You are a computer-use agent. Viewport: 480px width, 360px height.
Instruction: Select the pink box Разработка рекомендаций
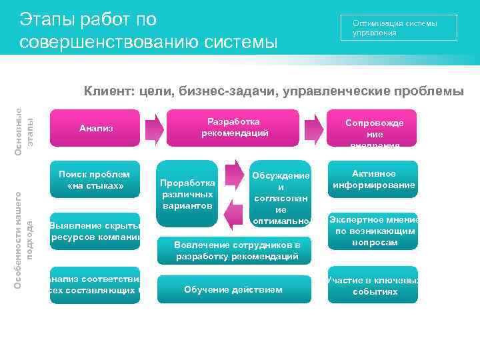pos(238,127)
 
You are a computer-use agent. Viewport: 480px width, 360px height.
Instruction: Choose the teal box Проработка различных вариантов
pos(187,193)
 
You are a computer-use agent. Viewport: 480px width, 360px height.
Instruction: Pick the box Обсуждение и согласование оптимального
pos(281,195)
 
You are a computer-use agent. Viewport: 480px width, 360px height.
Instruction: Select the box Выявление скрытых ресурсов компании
pos(95,231)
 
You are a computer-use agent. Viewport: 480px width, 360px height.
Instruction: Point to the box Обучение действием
pos(233,289)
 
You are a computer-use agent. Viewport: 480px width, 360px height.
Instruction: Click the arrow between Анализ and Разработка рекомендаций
pos(154,127)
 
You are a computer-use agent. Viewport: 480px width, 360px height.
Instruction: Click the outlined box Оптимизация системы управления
pos(399,27)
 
